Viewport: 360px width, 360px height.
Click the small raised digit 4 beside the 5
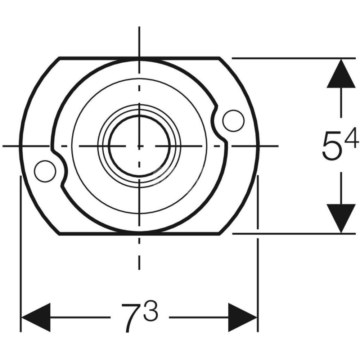click(351, 138)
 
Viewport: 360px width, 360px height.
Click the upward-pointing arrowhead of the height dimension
click(341, 73)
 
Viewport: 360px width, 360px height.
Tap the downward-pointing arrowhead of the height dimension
click(341, 219)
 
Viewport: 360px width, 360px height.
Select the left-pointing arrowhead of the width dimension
click(36, 318)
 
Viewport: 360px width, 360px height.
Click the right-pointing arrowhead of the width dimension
click(243, 318)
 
